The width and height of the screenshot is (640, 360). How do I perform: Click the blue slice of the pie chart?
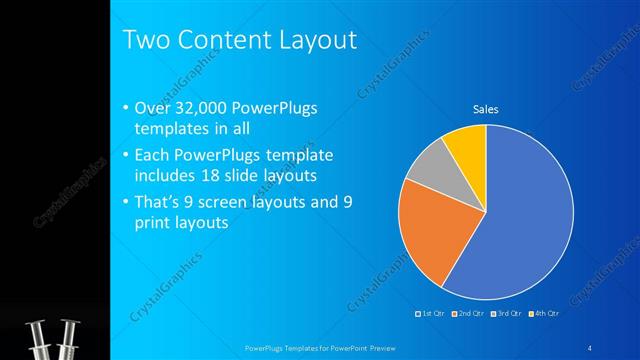tap(525, 215)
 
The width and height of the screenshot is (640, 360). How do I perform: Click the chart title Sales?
tap(486, 110)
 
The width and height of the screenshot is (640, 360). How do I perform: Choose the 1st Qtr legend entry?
tap(431, 313)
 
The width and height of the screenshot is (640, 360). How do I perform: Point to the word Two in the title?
tap(146, 41)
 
